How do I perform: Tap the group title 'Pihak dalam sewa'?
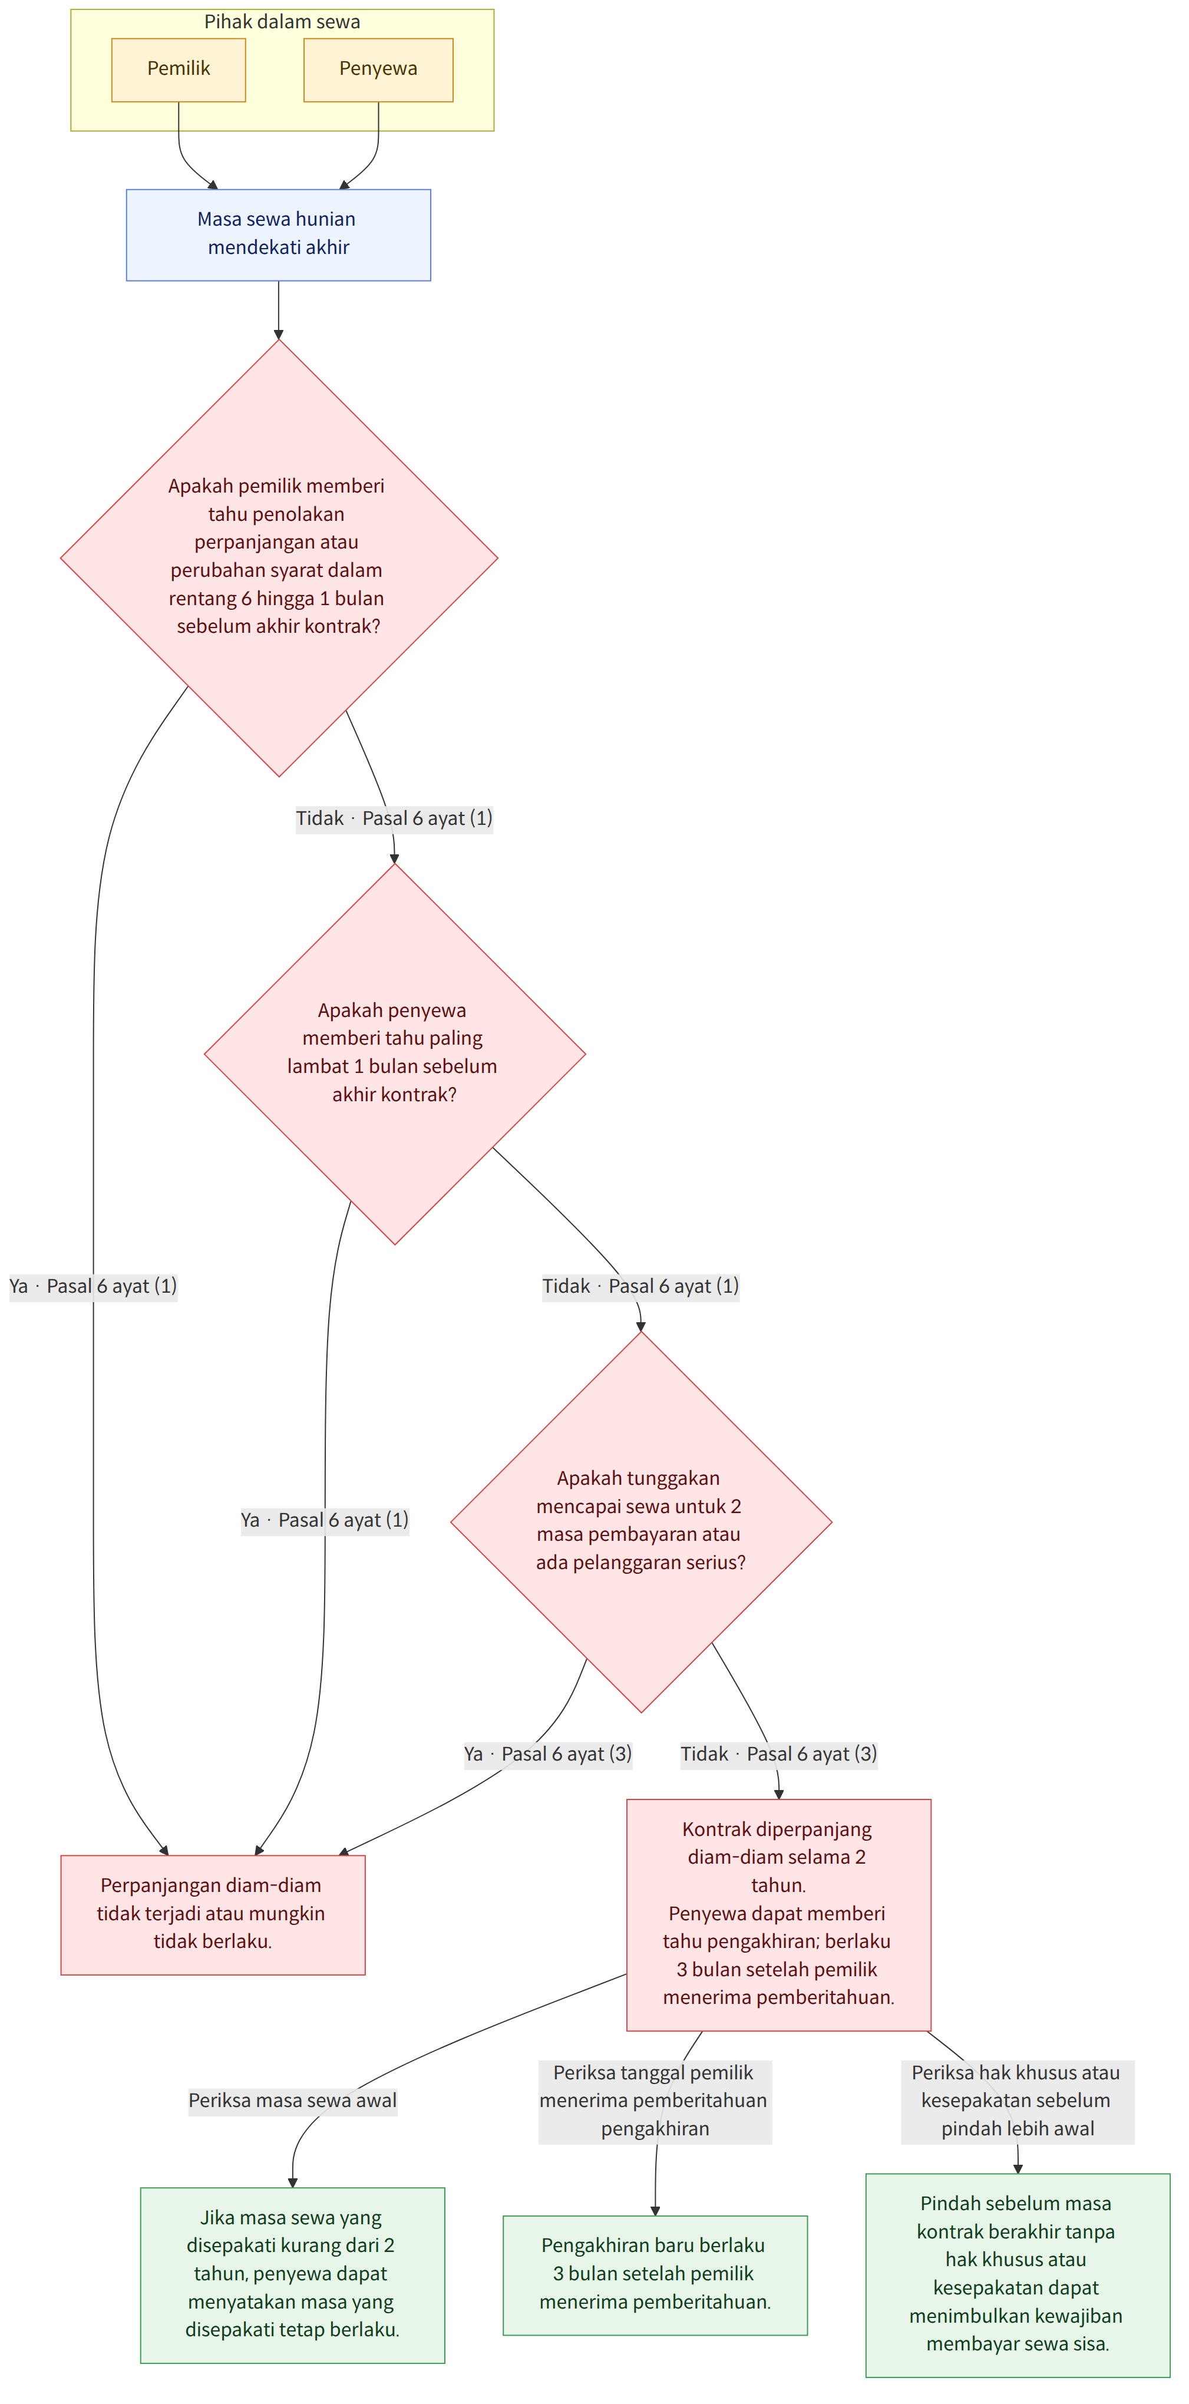tap(282, 21)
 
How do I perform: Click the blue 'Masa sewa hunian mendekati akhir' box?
tap(278, 235)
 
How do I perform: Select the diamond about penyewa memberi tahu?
tap(395, 1054)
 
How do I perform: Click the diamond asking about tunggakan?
tap(641, 1521)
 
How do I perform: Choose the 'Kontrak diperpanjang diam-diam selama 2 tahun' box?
tap(778, 1914)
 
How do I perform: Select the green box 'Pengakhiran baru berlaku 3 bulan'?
tap(655, 2274)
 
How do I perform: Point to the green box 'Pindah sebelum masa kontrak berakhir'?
tap(1018, 2274)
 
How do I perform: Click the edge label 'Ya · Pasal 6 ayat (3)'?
tap(548, 1755)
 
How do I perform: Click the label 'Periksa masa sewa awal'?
tap(292, 2101)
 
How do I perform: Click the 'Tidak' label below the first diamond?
tap(320, 818)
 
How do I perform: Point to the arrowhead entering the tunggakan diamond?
tap(641, 1326)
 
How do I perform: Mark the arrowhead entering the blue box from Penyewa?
tap(344, 185)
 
